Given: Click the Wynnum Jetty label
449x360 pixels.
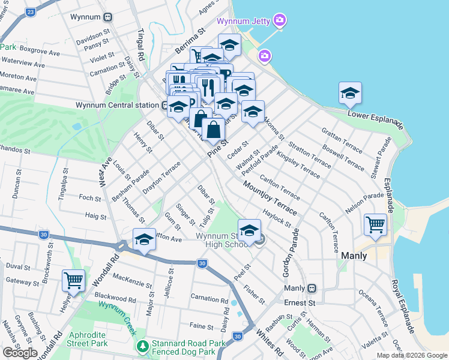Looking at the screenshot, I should point(243,21).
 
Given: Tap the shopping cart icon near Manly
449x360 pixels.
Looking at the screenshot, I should point(376,224).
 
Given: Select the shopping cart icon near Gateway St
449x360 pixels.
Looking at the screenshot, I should point(73,280).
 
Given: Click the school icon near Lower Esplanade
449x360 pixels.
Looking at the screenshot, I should point(351,92).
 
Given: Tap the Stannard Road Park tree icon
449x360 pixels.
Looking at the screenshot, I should point(143,346).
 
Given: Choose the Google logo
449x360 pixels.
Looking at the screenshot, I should point(20,353).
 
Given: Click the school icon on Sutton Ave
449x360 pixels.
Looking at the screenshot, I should point(144,239).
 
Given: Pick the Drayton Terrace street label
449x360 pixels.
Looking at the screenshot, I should point(161,178).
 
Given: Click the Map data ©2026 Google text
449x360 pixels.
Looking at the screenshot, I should point(411,355).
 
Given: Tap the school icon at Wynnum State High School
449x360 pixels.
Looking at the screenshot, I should point(249,230).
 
